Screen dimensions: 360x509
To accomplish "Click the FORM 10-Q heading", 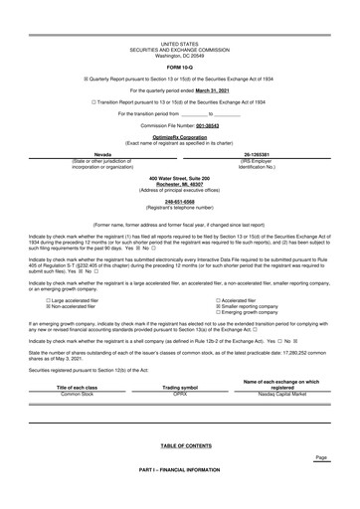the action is coord(179,68).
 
